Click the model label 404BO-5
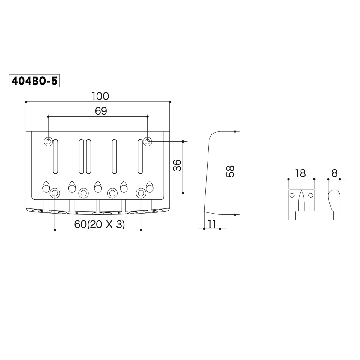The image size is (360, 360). [34, 81]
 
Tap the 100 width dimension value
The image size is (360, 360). [100, 96]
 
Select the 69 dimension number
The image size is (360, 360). [101, 111]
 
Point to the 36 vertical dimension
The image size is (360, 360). [177, 165]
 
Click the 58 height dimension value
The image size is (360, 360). [230, 171]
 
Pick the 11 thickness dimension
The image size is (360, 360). [212, 224]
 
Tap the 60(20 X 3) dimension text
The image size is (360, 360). [99, 224]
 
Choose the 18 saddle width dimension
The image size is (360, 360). [301, 173]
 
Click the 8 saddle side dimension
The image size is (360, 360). [334, 173]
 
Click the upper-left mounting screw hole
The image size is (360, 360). [48, 142]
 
